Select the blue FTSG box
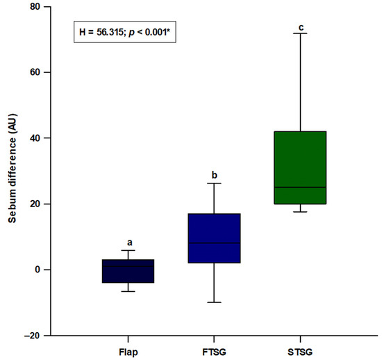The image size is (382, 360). (215, 238)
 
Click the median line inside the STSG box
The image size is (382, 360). (300, 188)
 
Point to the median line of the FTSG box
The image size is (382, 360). (215, 243)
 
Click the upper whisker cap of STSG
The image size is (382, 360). (300, 33)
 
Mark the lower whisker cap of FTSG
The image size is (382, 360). (215, 302)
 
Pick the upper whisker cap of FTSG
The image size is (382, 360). (215, 183)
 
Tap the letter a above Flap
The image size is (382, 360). (130, 243)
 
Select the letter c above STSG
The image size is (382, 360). (300, 27)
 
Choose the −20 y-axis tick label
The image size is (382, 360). (32, 336)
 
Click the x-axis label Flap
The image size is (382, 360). (130, 352)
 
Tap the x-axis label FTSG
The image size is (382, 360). (215, 352)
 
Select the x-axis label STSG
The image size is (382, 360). (300, 352)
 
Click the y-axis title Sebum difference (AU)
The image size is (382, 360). (12, 170)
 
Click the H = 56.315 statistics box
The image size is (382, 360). (126, 32)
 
